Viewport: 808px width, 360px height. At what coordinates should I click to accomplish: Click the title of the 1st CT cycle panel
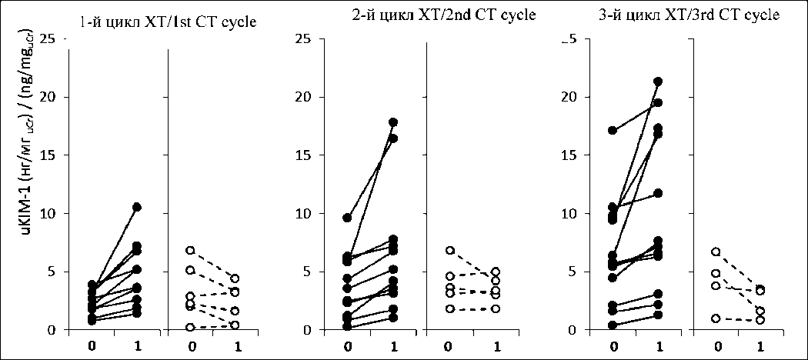coord(168,22)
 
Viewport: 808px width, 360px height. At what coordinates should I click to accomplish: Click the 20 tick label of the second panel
coord(305,97)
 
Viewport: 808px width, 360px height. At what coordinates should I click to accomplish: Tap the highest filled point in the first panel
coord(137,207)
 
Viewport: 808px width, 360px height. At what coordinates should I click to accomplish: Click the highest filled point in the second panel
coord(393,122)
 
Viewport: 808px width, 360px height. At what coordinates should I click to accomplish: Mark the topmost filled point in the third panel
coord(658,82)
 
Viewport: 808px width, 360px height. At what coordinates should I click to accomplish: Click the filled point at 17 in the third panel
coord(613,131)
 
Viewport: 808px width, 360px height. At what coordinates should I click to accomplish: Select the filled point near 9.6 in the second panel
coord(347,218)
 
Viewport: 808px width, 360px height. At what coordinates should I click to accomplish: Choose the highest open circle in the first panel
coord(190,251)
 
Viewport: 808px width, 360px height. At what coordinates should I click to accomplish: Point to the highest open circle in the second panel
coord(450,251)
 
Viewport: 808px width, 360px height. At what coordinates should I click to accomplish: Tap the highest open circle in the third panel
coord(716,252)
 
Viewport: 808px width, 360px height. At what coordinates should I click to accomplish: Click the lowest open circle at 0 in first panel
coord(190,327)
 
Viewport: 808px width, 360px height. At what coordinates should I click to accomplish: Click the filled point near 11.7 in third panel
coord(658,193)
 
